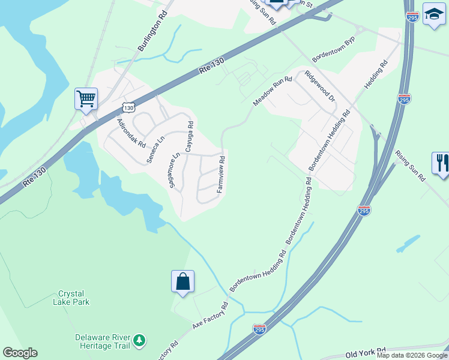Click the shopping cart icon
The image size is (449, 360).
click(x=86, y=98)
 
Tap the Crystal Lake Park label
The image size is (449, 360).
click(x=74, y=298)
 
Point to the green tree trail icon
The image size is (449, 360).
click(x=139, y=341)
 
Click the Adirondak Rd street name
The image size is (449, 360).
click(x=131, y=133)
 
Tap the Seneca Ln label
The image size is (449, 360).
click(x=155, y=149)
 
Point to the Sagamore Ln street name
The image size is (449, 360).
click(x=174, y=170)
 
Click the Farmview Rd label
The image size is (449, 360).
click(x=221, y=174)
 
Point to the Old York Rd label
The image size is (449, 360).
click(x=366, y=352)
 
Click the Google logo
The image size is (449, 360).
click(x=20, y=353)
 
